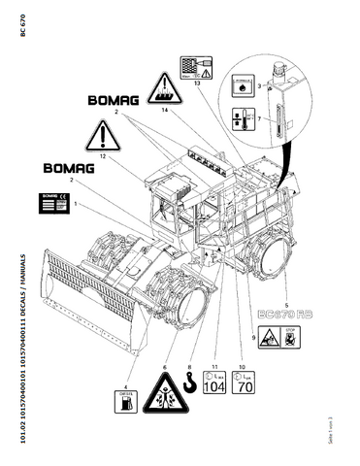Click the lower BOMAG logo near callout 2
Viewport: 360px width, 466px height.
64,168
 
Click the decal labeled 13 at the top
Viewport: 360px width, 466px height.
195,69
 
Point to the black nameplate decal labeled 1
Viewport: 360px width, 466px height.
54,204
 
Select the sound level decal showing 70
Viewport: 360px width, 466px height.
247,384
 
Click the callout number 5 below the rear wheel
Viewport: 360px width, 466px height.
285,292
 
